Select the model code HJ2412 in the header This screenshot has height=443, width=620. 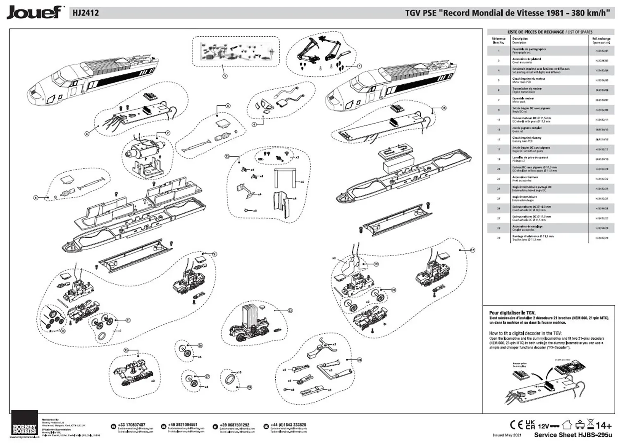pos(86,13)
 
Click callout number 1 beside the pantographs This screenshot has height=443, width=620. pos(359,66)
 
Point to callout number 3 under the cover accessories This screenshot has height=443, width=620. pos(224,76)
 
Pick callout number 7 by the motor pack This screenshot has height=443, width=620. pos(168,133)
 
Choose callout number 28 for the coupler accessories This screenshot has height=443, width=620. pos(360,360)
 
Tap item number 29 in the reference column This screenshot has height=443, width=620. pos(499,238)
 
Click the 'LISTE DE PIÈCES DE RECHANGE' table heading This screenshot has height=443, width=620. pos(536,32)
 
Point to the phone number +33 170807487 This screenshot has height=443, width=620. pos(131,425)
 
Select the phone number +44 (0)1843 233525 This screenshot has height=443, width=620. pos(288,425)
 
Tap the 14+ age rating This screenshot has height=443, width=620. pos(604,425)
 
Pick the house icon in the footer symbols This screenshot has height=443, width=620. pos(567,424)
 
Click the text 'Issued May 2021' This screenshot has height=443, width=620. pos(507,435)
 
